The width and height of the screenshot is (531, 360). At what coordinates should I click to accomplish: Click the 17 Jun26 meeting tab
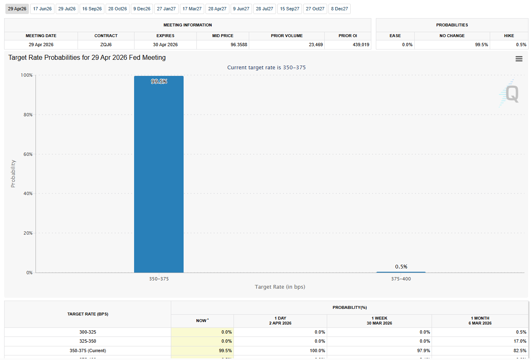42,9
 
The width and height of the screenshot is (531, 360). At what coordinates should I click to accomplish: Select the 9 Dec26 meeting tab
142,9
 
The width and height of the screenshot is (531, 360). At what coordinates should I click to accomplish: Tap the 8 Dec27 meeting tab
339,9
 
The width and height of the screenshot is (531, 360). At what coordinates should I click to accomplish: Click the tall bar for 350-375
159,173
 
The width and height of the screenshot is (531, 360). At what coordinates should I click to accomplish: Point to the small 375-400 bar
401,272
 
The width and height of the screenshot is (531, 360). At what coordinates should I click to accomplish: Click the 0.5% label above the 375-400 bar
401,266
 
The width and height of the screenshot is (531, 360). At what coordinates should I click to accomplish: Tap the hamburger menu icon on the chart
519,59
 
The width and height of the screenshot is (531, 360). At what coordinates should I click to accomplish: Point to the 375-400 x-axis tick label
401,279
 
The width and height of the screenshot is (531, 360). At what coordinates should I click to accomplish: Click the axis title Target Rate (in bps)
280,287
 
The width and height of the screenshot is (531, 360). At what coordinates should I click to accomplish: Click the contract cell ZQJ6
106,45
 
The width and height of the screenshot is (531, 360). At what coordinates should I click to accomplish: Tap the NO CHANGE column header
452,36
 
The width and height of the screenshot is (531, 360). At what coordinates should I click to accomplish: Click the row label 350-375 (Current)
87,351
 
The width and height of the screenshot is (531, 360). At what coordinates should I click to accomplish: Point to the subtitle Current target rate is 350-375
267,67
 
